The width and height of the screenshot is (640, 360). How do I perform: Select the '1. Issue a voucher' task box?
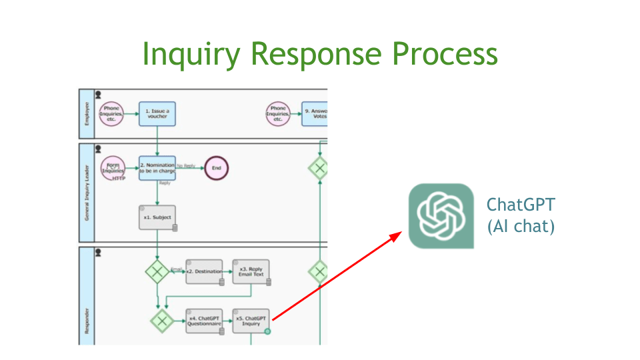pyautogui.click(x=157, y=113)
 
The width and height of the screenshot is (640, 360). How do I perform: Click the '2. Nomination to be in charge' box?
pyautogui.click(x=157, y=168)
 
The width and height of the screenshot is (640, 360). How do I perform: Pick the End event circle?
pyautogui.click(x=216, y=168)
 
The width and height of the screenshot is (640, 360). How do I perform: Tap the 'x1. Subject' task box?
pyautogui.click(x=157, y=217)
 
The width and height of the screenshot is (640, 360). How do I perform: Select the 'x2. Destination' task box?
pyautogui.click(x=203, y=271)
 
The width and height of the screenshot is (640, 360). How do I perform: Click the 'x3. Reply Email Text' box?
pyautogui.click(x=251, y=271)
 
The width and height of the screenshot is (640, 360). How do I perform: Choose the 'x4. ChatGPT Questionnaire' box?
pyautogui.click(x=203, y=321)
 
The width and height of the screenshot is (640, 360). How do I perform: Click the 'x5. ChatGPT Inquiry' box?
pyautogui.click(x=251, y=321)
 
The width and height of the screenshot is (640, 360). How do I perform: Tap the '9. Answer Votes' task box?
pyautogui.click(x=315, y=113)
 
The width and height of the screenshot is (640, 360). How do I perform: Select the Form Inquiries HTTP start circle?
pyautogui.click(x=113, y=168)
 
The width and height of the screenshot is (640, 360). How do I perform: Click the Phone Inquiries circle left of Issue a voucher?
pyautogui.click(x=111, y=114)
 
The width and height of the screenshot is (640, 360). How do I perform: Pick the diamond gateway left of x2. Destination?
pyautogui.click(x=157, y=271)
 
